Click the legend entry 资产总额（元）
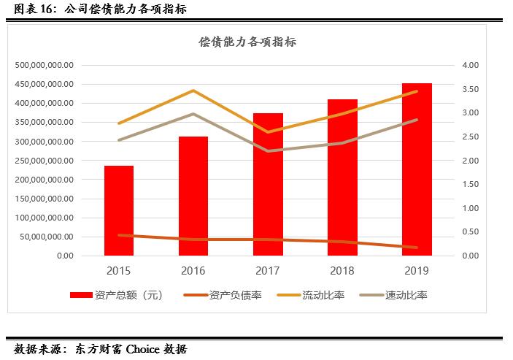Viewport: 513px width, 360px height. [x=116, y=295]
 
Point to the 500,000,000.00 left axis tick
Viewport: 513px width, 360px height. [x=45, y=65]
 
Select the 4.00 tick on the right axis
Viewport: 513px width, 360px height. [x=470, y=65]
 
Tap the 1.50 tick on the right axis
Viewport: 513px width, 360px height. [x=470, y=184]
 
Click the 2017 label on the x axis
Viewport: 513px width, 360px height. [x=268, y=271]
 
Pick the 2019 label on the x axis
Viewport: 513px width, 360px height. [x=417, y=271]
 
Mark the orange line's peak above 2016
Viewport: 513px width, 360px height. [x=193, y=91]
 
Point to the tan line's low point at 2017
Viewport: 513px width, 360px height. [x=268, y=151]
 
